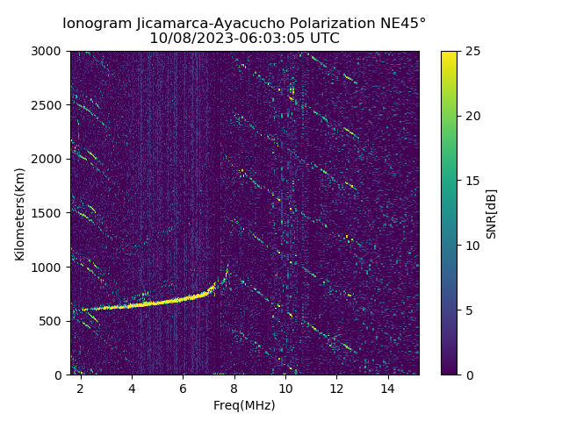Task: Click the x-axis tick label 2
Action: coord(81,389)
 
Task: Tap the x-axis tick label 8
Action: coord(234,389)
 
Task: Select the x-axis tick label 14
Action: coord(387,389)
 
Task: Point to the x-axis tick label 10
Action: coord(285,389)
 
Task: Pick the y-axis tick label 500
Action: coord(52,321)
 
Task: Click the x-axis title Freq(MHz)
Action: coord(244,405)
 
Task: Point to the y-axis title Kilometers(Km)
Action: coord(20,213)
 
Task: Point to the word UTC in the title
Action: coord(322,39)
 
